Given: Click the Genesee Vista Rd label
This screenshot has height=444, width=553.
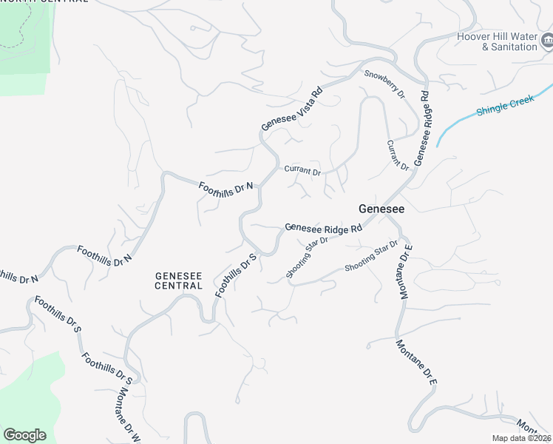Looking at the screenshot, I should (293, 110).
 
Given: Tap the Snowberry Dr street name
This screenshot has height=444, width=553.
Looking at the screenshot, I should (385, 84).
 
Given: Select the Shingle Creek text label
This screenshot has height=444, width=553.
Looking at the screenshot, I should (505, 105).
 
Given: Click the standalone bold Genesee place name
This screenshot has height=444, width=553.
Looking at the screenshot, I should (381, 209).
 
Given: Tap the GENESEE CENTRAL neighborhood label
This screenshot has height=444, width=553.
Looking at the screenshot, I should (178, 280).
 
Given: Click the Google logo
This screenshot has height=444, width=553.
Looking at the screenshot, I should (24, 435).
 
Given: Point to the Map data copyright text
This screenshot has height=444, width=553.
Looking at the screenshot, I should (522, 438).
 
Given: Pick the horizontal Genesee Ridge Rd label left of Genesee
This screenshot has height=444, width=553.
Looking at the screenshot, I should (323, 229).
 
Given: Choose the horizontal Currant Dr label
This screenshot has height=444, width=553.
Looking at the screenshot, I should (302, 171).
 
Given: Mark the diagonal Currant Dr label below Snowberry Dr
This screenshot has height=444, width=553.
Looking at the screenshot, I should (398, 155).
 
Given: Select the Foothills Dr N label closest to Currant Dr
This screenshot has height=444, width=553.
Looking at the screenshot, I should (226, 188).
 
